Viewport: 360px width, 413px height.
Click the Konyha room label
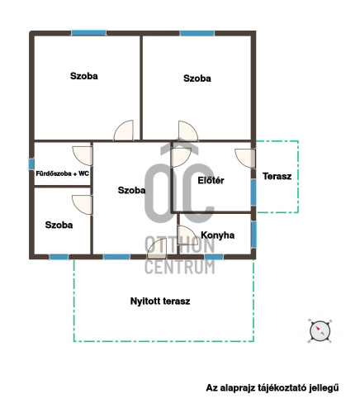click(218, 235)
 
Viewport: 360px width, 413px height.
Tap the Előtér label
click(211, 180)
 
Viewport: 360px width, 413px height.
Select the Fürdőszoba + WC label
click(63, 173)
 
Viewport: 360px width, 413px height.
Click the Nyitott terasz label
click(160, 301)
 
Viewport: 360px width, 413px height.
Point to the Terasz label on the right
click(277, 176)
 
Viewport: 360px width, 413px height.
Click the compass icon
click(320, 331)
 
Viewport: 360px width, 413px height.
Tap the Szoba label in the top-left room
click(84, 76)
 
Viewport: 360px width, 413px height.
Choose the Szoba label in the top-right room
click(197, 78)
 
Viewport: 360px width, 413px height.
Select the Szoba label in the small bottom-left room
click(59, 225)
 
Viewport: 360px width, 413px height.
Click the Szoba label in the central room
click(131, 190)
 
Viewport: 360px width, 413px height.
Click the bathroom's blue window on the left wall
click(31, 164)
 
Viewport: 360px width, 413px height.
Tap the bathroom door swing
click(83, 156)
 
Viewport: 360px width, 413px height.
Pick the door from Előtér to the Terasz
click(245, 159)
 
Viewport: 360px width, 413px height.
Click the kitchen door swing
click(187, 235)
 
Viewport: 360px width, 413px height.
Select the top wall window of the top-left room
click(88, 33)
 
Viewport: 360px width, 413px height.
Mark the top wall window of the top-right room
click(197, 33)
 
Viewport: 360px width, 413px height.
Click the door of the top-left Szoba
click(124, 131)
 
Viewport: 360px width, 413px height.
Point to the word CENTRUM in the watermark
click(180, 267)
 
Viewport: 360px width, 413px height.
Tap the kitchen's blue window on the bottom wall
click(214, 257)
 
